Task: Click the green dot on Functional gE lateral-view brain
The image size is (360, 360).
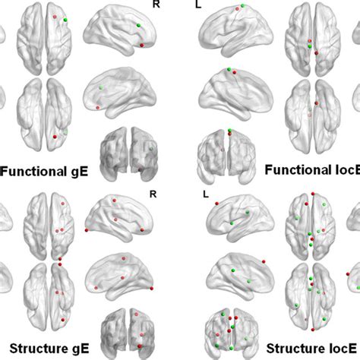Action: coord(139,25)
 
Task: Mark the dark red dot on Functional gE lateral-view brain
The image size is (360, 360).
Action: coord(143,45)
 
